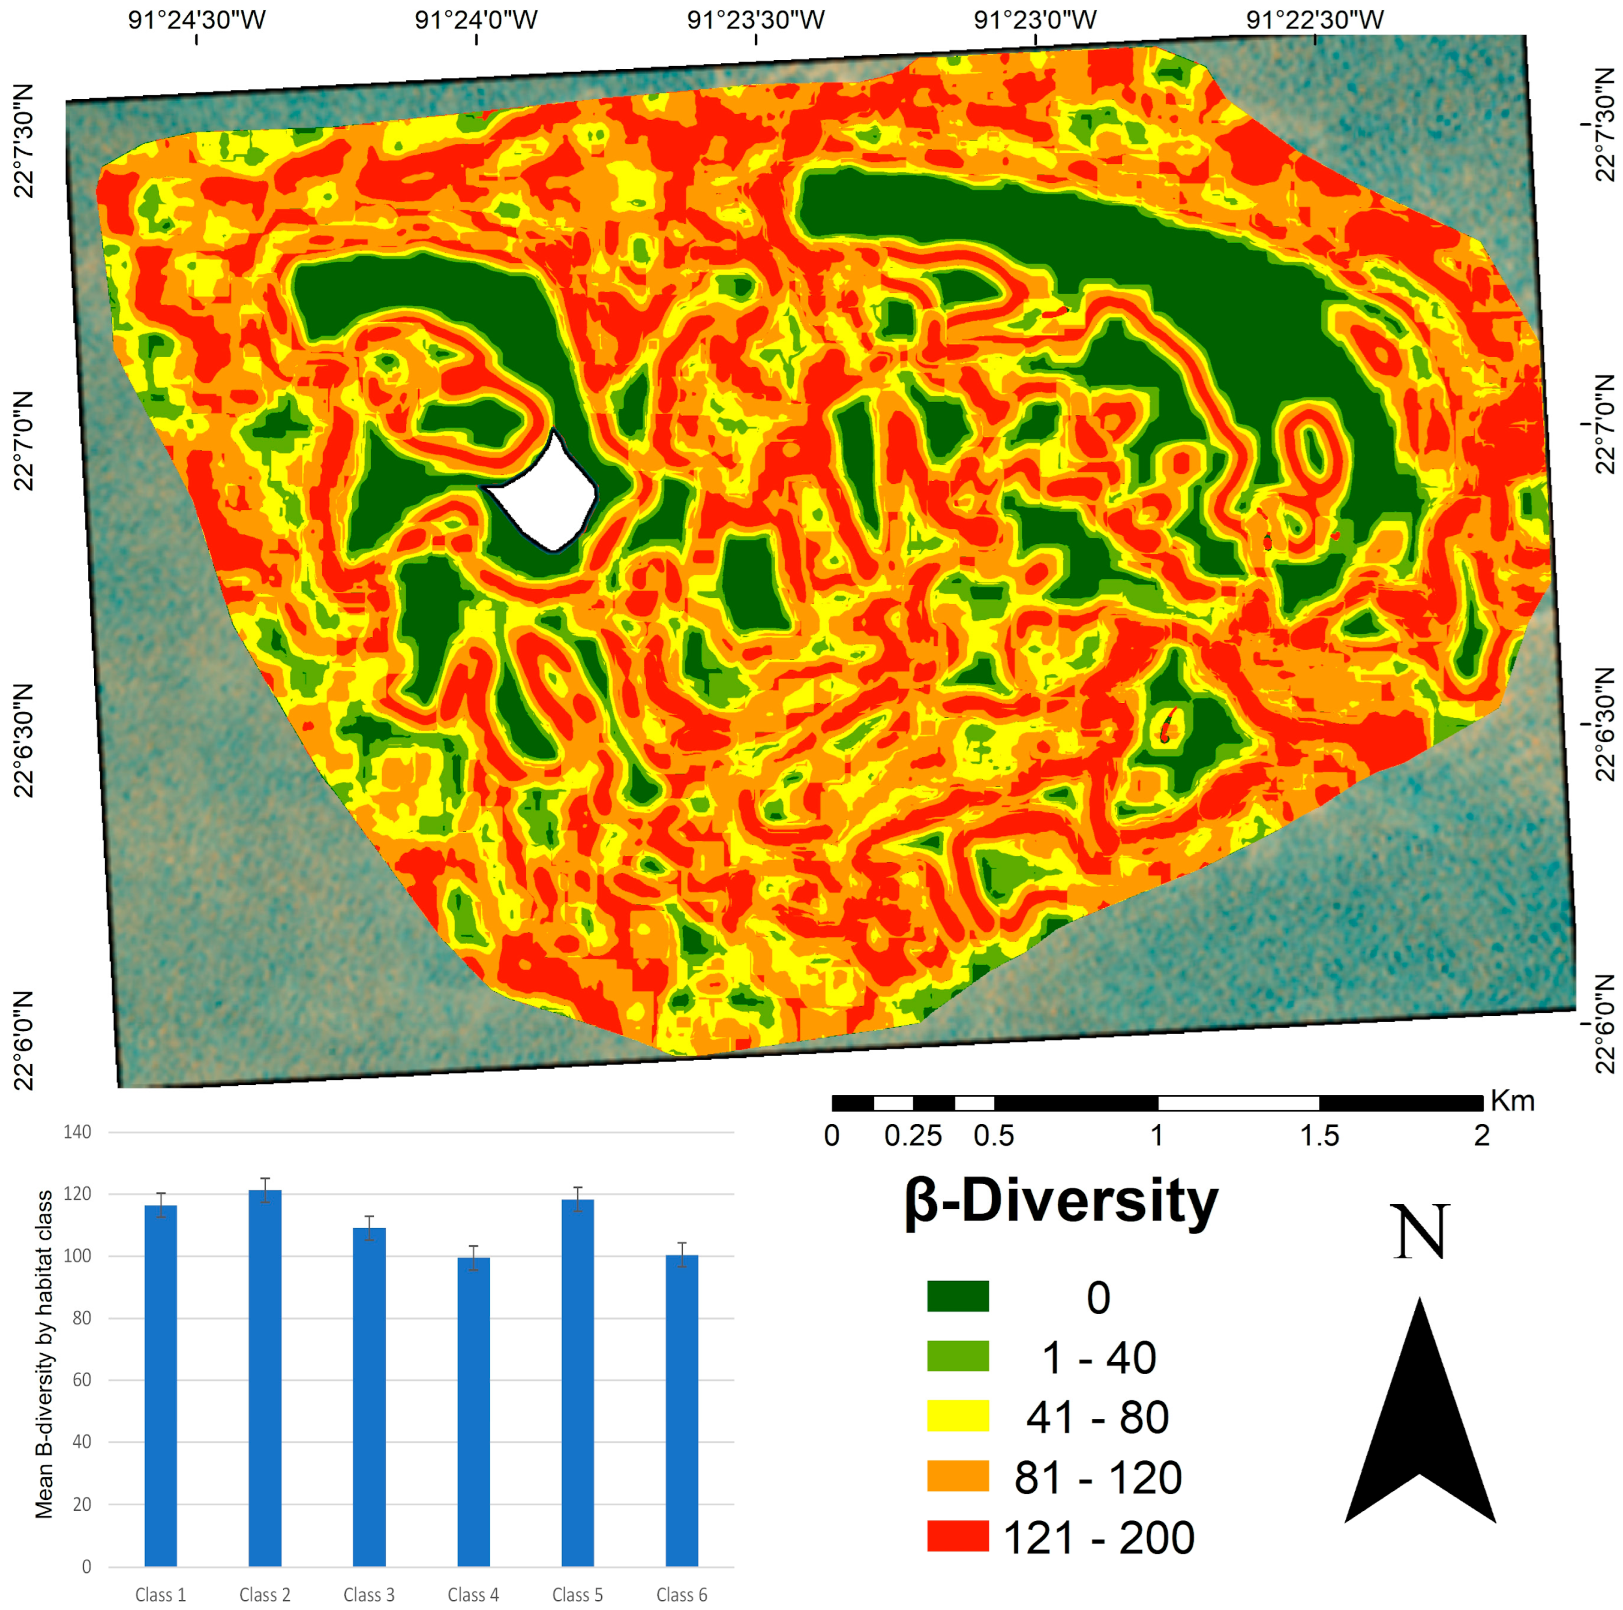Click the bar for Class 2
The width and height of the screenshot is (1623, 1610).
pos(264,1377)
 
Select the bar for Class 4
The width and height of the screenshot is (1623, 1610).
pos(473,1411)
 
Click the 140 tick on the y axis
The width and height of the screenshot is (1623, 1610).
pos(77,1132)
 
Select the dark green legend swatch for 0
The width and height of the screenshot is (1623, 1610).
pos(957,1296)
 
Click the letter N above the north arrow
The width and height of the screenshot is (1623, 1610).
pos(1420,1233)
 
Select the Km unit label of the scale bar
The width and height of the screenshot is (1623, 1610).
pos(1512,1101)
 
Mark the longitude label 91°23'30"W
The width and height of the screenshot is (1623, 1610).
pos(755,19)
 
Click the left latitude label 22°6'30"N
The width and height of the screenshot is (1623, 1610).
pos(24,739)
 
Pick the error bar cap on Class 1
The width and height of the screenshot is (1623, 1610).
pos(160,1193)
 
